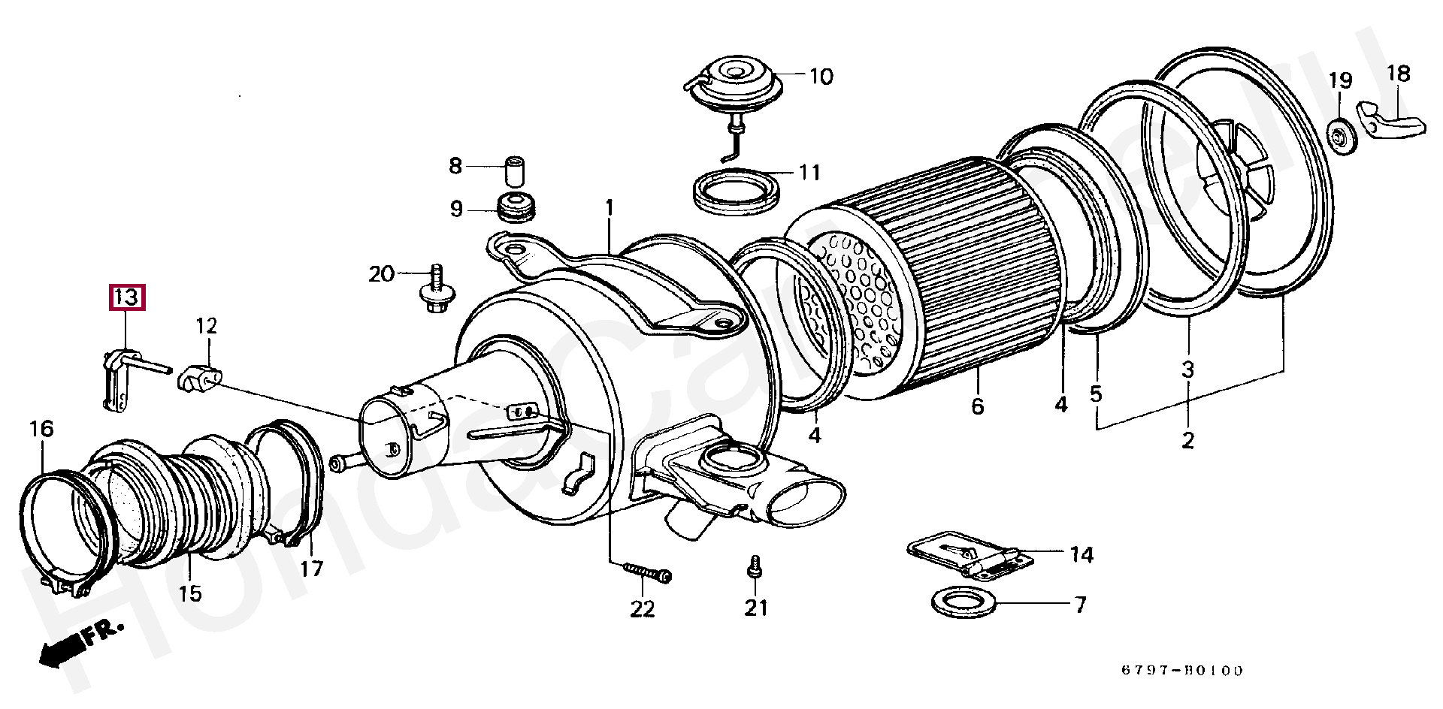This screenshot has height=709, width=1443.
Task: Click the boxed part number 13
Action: pyautogui.click(x=127, y=297)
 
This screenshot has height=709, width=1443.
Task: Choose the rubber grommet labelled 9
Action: pyautogui.click(x=516, y=207)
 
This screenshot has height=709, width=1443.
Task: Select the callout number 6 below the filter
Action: pyautogui.click(x=977, y=406)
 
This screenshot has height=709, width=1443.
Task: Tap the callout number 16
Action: pyautogui.click(x=42, y=429)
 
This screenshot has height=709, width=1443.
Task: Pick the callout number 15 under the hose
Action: pyautogui.click(x=191, y=593)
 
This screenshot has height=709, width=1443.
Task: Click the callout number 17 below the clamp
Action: pyautogui.click(x=311, y=569)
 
